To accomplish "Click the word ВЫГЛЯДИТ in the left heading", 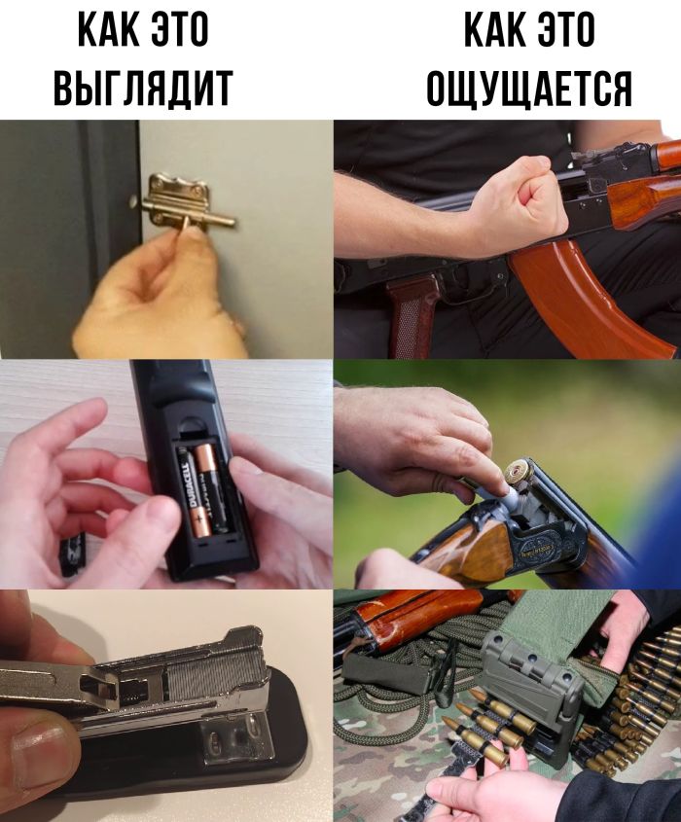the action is [x=143, y=88].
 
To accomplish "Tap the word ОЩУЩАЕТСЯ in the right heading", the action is [x=529, y=88].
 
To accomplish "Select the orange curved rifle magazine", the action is [x=588, y=295].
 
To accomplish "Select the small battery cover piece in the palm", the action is [x=73, y=554].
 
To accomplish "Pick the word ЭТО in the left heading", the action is [x=180, y=29].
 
